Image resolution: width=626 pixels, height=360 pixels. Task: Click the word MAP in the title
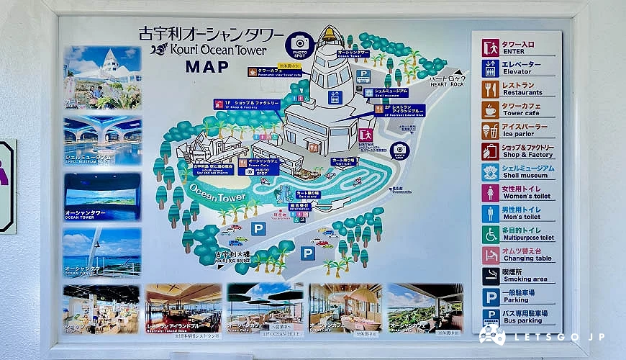pyautogui.click(x=207, y=67)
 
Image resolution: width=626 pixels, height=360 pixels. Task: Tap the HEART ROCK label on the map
pyautogui.click(x=448, y=82)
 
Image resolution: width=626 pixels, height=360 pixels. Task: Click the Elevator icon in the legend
pyautogui.click(x=491, y=68)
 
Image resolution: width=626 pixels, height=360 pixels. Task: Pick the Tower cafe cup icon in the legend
pyautogui.click(x=491, y=110)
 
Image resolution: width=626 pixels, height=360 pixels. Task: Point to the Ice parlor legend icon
pyautogui.click(x=491, y=131)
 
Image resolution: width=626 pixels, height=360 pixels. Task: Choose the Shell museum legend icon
pyautogui.click(x=491, y=173)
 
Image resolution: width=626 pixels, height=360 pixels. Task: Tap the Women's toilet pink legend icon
pyautogui.click(x=491, y=193)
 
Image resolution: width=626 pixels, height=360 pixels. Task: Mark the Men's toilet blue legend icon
pyautogui.click(x=491, y=214)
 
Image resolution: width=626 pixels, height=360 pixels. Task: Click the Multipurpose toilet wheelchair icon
pyautogui.click(x=491, y=235)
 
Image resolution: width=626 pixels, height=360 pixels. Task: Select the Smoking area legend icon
pyautogui.click(x=491, y=276)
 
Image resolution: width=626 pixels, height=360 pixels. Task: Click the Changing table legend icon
pyautogui.click(x=491, y=256)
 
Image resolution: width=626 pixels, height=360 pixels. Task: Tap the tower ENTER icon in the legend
pyautogui.click(x=491, y=48)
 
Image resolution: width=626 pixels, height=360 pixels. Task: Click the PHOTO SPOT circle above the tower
pyautogui.click(x=299, y=45)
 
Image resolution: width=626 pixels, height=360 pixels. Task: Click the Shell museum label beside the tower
pyautogui.click(x=391, y=92)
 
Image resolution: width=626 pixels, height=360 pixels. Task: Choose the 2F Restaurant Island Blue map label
pyautogui.click(x=399, y=110)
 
